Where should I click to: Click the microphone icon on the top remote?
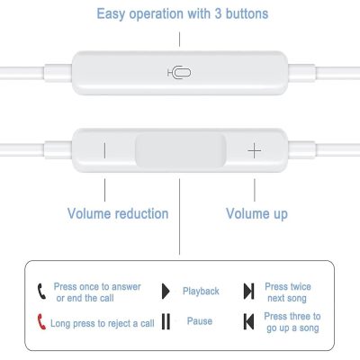[179, 73]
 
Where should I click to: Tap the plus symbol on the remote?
[255, 150]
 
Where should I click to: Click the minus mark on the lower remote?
[104, 150]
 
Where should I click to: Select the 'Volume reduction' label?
[118, 213]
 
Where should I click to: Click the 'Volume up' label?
[256, 214]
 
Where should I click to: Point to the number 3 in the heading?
[218, 13]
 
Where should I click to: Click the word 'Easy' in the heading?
[111, 14]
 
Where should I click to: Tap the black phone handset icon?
[41, 291]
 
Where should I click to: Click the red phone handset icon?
[41, 321]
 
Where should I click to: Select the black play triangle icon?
[166, 291]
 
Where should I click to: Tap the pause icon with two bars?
[166, 321]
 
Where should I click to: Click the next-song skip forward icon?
[249, 291]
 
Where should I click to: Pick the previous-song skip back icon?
[249, 321]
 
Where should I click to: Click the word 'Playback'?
[201, 292]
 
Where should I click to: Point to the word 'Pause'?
[200, 321]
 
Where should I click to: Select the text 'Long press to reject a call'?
[103, 323]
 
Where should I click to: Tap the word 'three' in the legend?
[295, 316]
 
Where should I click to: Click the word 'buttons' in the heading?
[247, 13]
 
